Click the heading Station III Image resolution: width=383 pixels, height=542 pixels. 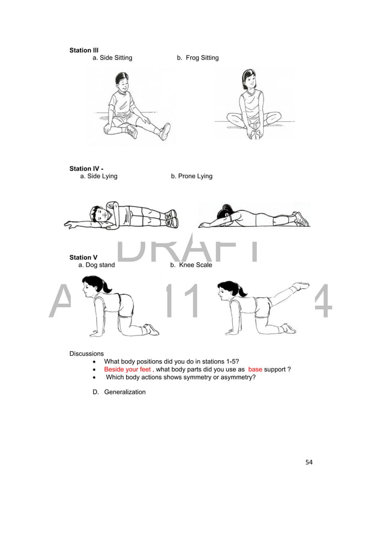tap(84, 50)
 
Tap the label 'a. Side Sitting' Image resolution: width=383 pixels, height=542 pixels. tap(112, 58)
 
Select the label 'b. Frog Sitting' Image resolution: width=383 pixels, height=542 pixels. tap(198, 58)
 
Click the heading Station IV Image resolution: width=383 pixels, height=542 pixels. tap(85, 169)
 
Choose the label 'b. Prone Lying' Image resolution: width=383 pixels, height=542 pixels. tap(191, 176)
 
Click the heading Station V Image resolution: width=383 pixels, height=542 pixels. tap(83, 257)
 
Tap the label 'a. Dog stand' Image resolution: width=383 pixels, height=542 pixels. tap(97, 265)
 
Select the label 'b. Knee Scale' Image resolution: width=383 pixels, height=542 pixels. tap(191, 265)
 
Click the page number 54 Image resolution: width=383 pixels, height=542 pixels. tap(309, 462)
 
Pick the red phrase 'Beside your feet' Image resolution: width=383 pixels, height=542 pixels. tap(127, 369)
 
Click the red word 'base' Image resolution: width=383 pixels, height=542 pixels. tap(255, 369)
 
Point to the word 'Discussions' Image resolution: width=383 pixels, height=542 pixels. tap(86, 354)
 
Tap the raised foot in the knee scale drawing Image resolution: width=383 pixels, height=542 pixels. tap(301, 286)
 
